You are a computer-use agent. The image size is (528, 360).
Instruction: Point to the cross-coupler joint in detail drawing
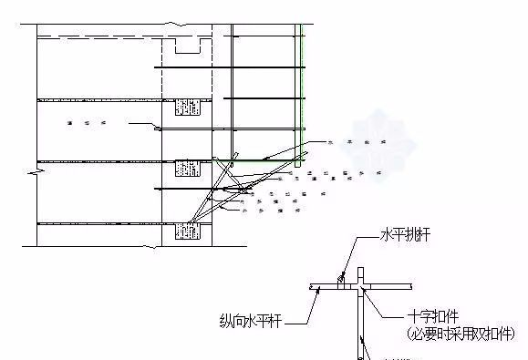click(x=363, y=287)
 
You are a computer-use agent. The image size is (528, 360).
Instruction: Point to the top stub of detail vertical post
click(x=363, y=273)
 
